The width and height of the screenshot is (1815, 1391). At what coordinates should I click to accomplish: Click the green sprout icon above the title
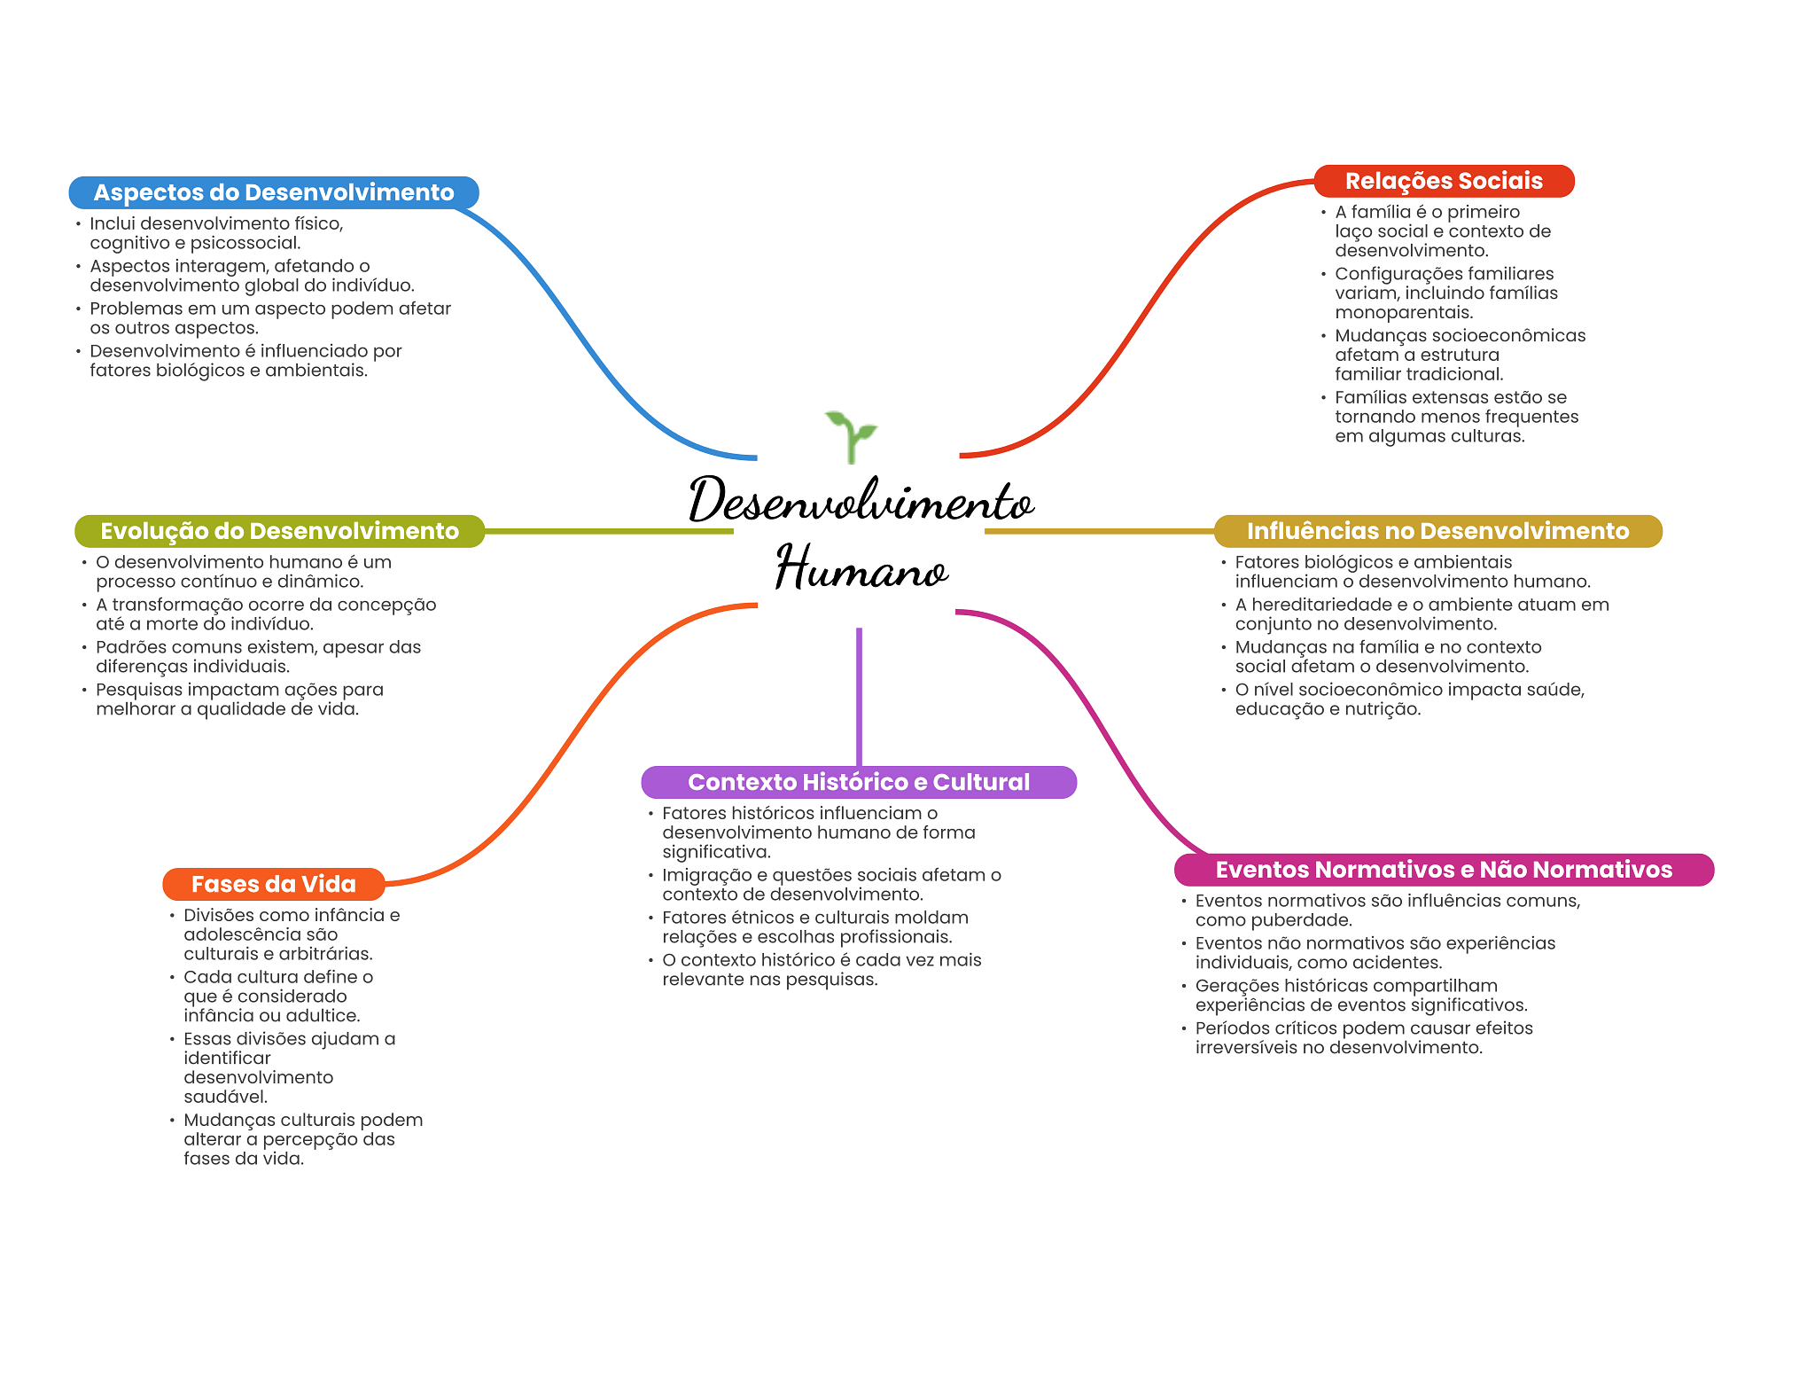(851, 434)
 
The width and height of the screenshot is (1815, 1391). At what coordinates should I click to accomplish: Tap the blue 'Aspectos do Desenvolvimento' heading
(274, 192)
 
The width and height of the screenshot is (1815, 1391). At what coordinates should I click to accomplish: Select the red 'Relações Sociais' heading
(1444, 181)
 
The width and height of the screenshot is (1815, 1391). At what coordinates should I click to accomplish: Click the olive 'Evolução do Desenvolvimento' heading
(279, 531)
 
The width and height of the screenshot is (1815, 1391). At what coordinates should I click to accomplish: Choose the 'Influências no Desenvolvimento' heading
(1437, 531)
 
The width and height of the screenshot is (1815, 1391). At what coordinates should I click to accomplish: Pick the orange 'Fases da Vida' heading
(274, 884)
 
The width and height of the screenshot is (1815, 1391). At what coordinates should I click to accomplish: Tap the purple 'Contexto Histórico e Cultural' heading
(859, 782)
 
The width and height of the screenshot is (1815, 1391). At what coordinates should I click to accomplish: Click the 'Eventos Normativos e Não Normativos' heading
(1444, 870)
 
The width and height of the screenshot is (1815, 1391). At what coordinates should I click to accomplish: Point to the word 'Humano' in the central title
(861, 568)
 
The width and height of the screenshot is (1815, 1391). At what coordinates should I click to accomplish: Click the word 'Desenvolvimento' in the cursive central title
(861, 501)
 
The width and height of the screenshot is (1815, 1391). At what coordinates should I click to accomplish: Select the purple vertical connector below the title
(859, 696)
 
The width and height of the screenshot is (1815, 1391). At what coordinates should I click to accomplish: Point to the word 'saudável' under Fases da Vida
(225, 1097)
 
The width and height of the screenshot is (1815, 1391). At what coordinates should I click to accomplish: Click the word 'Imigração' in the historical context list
(705, 875)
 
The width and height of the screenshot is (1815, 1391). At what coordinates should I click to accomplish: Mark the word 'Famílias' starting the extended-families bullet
(1371, 397)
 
